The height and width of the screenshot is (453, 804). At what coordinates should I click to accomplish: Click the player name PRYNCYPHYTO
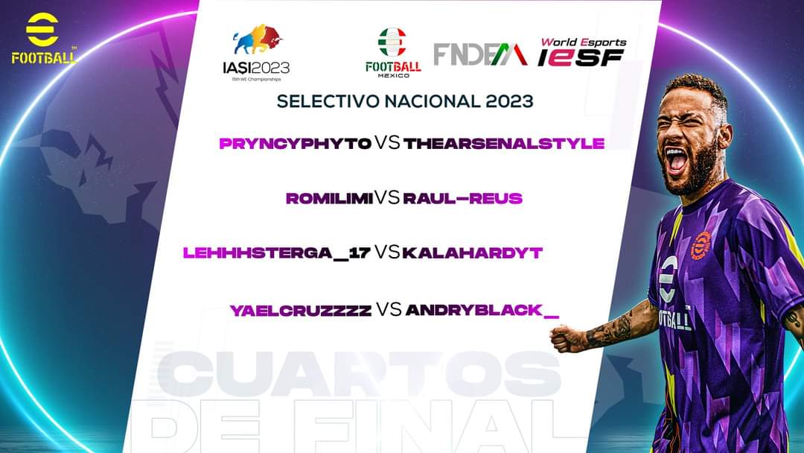[296, 143]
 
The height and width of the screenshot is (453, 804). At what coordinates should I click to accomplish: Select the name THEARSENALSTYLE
[504, 143]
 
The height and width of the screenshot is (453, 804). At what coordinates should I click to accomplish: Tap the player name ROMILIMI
[329, 199]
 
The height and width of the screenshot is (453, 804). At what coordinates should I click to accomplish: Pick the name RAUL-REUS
[462, 199]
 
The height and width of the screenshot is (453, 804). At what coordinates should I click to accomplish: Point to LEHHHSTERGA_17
[277, 254]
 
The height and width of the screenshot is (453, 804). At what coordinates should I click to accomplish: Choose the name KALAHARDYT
[472, 254]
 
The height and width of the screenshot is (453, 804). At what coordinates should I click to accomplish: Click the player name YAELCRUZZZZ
[301, 311]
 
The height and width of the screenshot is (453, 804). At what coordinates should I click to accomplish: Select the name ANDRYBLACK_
[482, 311]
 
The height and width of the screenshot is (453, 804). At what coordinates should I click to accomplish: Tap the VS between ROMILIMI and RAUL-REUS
[387, 198]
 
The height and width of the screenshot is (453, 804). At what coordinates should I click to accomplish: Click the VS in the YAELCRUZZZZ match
[389, 310]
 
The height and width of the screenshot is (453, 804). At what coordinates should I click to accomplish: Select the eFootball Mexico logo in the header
[393, 52]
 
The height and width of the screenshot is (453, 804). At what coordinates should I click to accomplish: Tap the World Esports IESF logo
[582, 52]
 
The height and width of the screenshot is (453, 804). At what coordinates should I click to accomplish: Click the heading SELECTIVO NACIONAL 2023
[405, 101]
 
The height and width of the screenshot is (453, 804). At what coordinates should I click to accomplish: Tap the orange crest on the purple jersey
[701, 246]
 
